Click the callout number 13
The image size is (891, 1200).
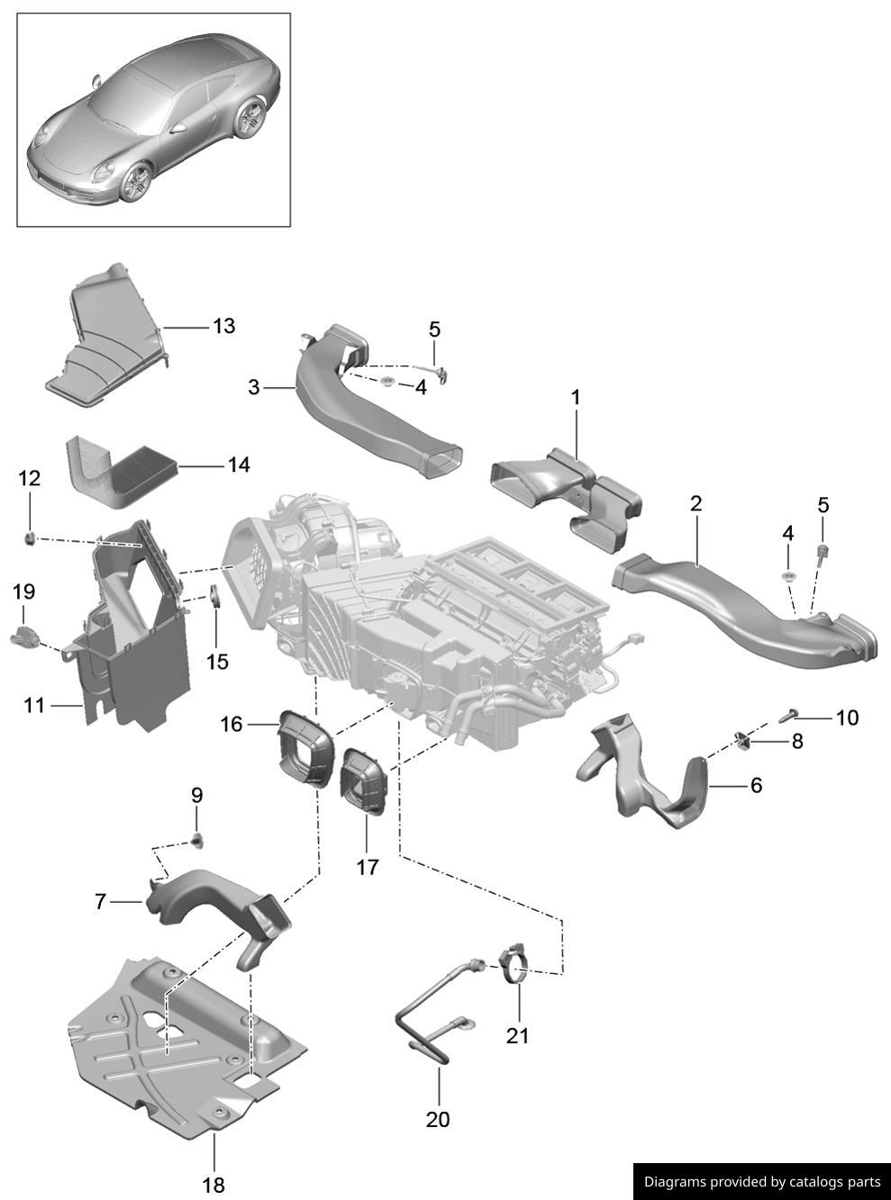[x=223, y=326]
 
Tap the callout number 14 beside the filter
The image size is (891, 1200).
[x=238, y=465]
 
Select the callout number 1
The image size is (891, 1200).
[x=576, y=397]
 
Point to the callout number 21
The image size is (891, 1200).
[x=517, y=1035]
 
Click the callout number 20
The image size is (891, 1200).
[x=438, y=1119]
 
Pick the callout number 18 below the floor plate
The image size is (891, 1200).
[x=214, y=1185]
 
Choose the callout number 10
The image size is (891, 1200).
[x=847, y=717]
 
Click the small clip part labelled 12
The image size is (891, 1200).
[x=29, y=538]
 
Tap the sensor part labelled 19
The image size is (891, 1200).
[x=24, y=635]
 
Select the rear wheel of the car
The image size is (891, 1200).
[x=249, y=118]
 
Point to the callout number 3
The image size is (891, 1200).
[x=254, y=387]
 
